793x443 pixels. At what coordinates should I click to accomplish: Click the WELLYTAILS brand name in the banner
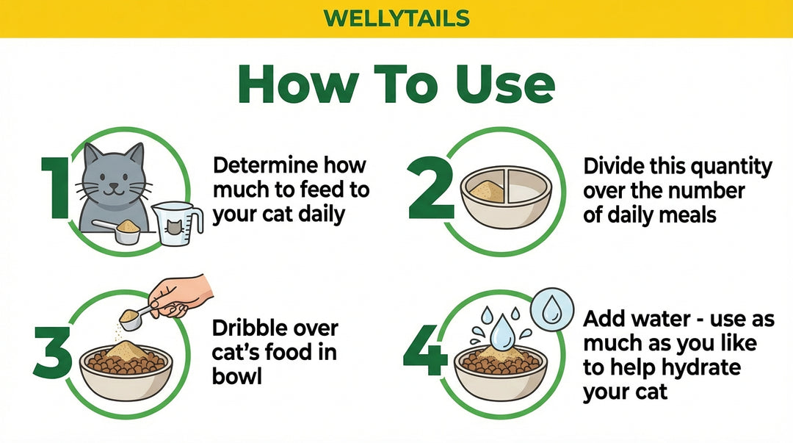click(396, 17)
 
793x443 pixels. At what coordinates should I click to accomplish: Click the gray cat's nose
click(112, 186)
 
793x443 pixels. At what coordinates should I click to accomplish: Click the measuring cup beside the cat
click(176, 224)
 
